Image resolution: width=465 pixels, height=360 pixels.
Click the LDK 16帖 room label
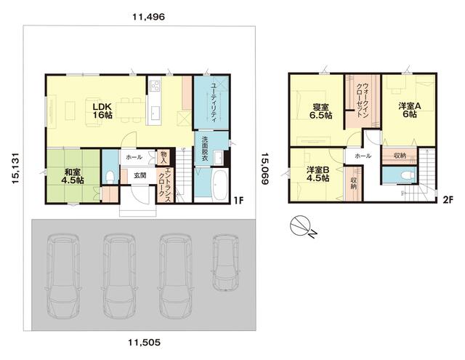click(102, 111)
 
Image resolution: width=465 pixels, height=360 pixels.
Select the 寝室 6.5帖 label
click(321, 111)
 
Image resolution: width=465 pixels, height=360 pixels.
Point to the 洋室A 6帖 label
click(410, 110)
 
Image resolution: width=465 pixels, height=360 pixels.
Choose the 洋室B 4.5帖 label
click(318, 174)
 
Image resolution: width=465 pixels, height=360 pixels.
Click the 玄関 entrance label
click(139, 175)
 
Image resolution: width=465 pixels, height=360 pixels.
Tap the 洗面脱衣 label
click(205, 150)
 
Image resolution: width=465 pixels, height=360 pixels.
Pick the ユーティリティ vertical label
click(213, 102)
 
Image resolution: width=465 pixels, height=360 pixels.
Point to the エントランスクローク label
click(165, 185)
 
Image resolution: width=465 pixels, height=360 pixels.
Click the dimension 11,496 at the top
click(148, 17)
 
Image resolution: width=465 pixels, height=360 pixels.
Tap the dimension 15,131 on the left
click(15, 168)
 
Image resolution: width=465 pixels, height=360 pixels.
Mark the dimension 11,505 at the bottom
click(145, 343)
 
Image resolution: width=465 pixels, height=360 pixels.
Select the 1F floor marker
click(238, 201)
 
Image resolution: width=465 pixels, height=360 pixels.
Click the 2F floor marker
click(448, 200)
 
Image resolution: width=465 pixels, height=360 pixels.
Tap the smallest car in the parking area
click(226, 262)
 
